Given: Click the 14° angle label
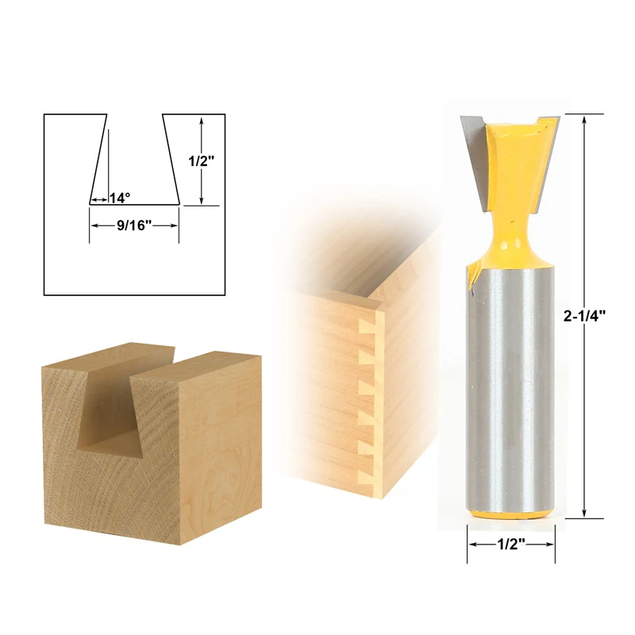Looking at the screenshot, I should (120, 198).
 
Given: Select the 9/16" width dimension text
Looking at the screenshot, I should (133, 225).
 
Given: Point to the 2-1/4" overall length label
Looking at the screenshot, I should (585, 314).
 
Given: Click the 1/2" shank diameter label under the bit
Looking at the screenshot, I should (510, 545).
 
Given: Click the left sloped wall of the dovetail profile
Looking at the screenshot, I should (98, 159).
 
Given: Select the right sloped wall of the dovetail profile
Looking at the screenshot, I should (170, 159).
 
